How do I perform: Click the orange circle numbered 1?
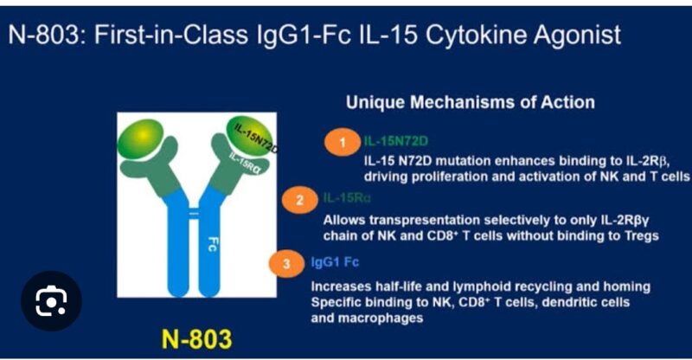(343, 142)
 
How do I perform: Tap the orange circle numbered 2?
(299, 200)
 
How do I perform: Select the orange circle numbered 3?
(286, 264)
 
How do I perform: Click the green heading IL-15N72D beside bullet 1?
(396, 141)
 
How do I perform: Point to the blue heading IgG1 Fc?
(335, 262)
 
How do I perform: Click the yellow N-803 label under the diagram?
(196, 339)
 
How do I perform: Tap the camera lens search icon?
(51, 301)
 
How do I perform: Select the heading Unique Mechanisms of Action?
(471, 102)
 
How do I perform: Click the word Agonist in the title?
(577, 35)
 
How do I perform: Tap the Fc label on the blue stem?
(212, 244)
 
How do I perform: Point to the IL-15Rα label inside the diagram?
(243, 163)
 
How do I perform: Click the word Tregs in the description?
(641, 236)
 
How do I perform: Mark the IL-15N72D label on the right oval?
(256, 137)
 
